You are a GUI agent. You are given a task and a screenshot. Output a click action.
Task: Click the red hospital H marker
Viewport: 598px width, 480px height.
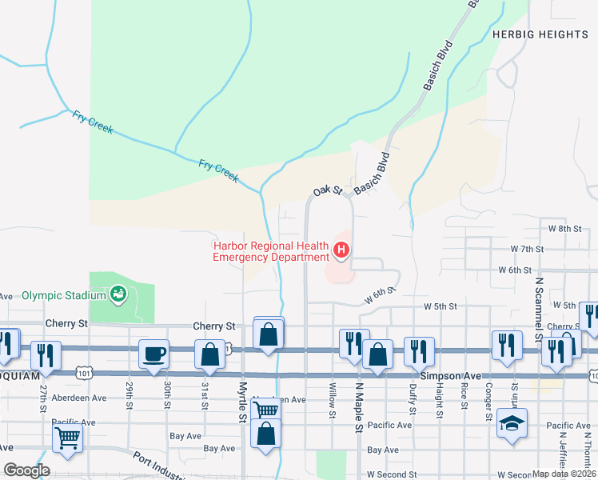click(341, 251)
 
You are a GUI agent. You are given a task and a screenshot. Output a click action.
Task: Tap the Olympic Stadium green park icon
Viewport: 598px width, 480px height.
click(118, 294)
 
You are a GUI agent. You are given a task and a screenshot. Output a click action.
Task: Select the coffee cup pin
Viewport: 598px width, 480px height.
click(153, 353)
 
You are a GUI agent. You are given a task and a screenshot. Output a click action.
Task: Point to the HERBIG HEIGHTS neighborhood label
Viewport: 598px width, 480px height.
click(540, 34)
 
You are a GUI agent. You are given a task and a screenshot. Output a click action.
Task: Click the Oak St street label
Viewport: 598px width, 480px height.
click(327, 190)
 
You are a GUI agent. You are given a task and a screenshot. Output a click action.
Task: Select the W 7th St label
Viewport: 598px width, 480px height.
click(527, 249)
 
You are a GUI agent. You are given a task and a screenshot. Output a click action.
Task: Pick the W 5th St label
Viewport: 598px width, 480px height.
click(440, 306)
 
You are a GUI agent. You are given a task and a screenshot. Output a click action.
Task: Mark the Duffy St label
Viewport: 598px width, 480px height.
click(413, 400)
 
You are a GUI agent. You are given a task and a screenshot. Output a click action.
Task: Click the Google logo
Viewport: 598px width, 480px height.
click(27, 470)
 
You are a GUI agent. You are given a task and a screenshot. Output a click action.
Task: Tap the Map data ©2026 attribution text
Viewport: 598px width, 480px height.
click(564, 474)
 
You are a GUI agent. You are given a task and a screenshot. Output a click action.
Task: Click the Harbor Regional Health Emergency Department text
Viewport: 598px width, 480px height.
click(270, 251)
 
